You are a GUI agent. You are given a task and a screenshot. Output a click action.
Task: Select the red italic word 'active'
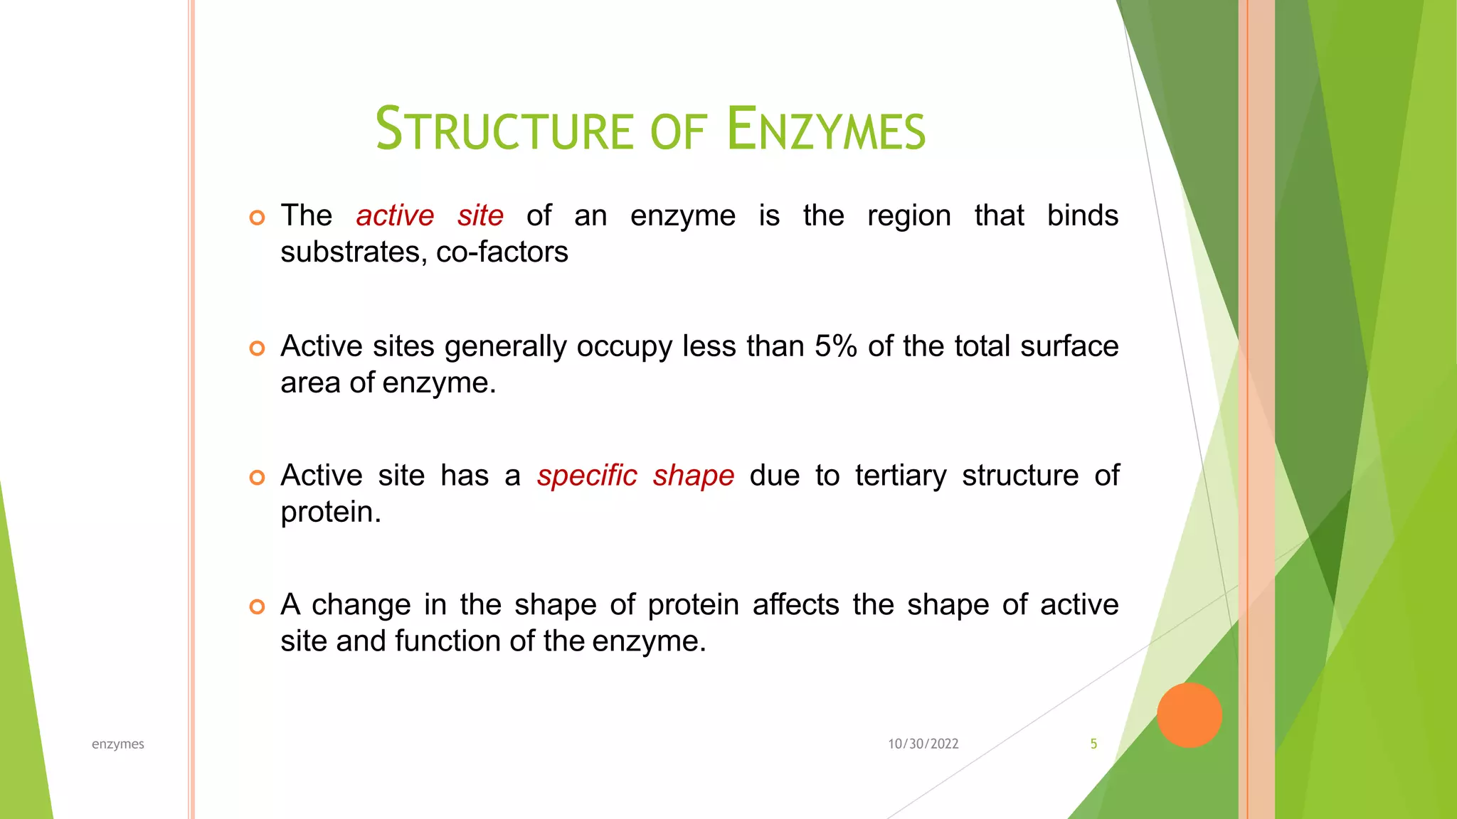tap(395, 215)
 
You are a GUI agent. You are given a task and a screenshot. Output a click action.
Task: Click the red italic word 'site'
tap(480, 215)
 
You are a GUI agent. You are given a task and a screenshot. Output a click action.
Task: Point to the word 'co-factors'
tap(502, 252)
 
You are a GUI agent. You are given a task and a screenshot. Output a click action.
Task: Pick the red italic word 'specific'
tap(587, 476)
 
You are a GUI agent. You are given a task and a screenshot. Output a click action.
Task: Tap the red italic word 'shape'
tap(694, 476)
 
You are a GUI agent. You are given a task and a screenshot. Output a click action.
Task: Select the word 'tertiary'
tap(901, 476)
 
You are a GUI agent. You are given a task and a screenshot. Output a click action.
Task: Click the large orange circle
tap(1189, 715)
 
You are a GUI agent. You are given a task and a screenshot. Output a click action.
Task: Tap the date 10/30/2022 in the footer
tap(923, 744)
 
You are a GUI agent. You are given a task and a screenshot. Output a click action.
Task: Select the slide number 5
tap(1093, 744)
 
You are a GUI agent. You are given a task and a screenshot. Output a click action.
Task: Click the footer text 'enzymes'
tap(118, 744)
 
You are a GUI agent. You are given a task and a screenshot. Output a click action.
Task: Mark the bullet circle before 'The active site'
tap(258, 218)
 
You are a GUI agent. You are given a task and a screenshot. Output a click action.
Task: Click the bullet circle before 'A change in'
tap(258, 606)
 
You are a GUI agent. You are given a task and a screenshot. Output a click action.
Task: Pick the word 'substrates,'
tap(354, 252)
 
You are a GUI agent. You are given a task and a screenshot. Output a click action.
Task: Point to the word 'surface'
tap(1069, 346)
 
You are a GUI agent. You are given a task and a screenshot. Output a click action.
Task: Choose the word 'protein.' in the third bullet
tap(331, 512)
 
